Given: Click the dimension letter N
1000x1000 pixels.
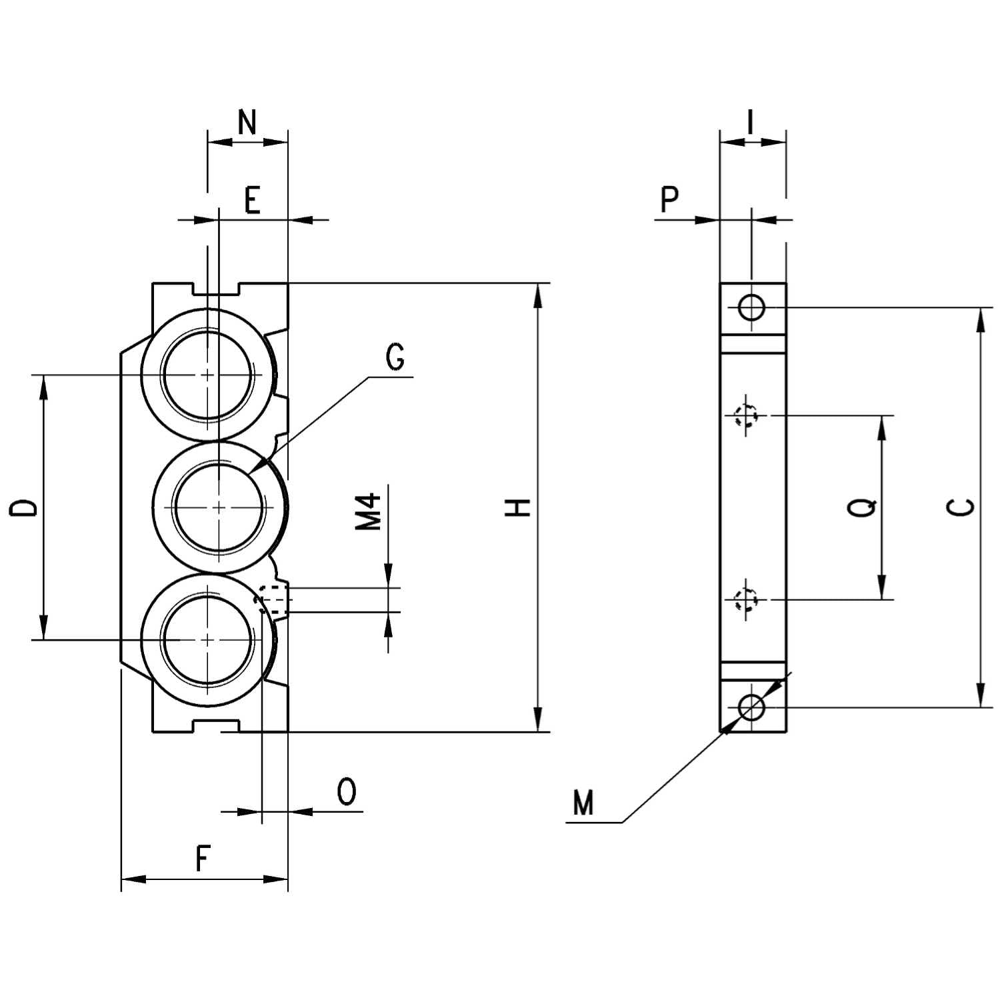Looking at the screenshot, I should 247,123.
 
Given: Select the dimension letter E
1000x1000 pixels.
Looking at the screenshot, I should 251,200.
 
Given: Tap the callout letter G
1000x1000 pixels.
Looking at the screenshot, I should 395,358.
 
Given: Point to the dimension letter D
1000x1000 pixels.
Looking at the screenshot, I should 24,507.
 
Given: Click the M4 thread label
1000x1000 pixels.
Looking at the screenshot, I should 369,511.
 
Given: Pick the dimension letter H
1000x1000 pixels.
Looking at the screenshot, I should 518,507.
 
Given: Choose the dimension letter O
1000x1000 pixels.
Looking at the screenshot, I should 347,792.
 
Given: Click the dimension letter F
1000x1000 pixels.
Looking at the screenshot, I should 203,859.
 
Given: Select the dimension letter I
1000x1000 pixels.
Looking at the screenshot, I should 751,123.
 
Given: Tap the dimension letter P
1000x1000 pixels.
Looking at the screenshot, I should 669,199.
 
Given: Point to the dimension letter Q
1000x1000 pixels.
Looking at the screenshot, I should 862,507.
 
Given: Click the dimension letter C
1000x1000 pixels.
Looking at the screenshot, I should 961,507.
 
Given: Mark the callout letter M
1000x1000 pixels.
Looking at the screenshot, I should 583,803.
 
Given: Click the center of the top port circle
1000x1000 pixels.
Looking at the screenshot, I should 208,375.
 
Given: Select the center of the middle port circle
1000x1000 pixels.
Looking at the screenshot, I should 219,507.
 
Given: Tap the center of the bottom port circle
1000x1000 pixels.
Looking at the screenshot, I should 208,640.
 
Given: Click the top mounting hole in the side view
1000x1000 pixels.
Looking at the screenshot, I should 751,308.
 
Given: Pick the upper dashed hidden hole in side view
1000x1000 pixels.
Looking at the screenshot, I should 746,415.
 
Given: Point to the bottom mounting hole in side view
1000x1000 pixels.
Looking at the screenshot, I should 751,707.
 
